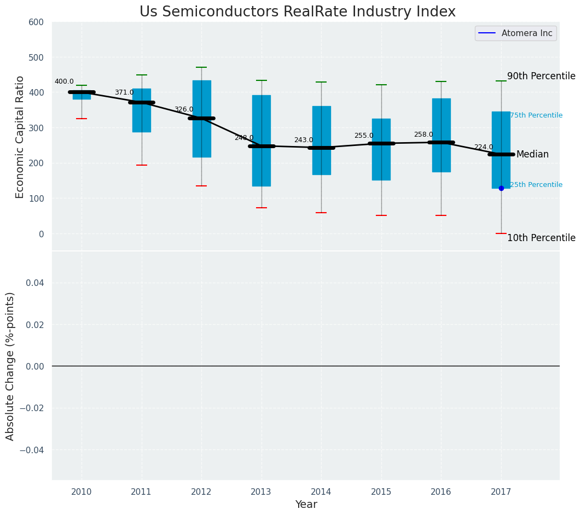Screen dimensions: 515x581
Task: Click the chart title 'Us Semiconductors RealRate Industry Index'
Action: point(297,12)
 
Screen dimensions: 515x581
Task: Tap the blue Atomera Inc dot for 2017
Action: point(501,188)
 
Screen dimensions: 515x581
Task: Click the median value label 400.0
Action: point(64,82)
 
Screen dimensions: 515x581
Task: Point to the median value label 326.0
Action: point(184,110)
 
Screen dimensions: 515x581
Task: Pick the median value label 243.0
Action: point(304,141)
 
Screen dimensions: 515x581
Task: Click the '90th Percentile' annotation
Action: point(541,77)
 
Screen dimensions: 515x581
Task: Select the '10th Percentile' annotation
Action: point(541,238)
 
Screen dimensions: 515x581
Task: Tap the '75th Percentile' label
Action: point(536,115)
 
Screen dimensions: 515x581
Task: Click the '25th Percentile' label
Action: point(536,185)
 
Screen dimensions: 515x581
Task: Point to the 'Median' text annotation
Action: point(532,155)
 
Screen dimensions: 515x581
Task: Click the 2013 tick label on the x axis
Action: point(261,492)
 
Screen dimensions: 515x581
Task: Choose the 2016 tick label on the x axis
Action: point(441,492)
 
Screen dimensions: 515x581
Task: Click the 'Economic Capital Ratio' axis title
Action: point(20,137)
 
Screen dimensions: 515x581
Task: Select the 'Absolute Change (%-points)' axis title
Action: point(10,366)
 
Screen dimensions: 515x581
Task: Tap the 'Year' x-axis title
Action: point(306,505)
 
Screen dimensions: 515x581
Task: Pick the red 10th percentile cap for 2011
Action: point(142,165)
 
